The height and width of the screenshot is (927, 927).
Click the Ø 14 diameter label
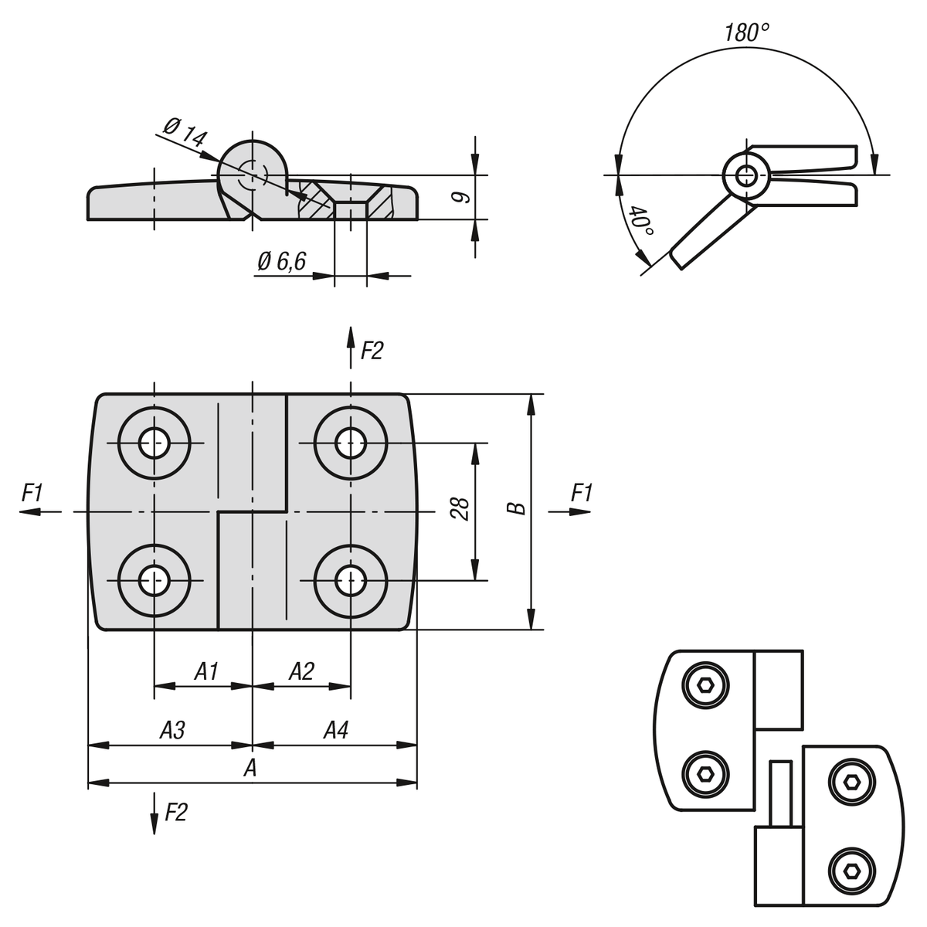click(x=185, y=134)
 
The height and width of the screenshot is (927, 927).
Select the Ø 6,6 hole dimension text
click(x=282, y=262)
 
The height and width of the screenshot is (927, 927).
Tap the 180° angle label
click(x=746, y=32)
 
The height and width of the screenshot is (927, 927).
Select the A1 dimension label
click(x=205, y=671)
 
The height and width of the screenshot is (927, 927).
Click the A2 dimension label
click(x=301, y=671)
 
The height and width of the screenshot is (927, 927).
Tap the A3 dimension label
click(x=171, y=730)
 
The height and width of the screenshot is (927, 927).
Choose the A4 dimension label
click(x=335, y=730)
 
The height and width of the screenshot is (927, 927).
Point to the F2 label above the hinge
click(x=372, y=351)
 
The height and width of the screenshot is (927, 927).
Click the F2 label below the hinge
click(x=176, y=812)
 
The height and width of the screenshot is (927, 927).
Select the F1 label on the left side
click(x=32, y=493)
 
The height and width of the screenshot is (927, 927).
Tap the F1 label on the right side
click(x=582, y=493)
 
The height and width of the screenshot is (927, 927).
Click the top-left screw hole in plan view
click(x=154, y=443)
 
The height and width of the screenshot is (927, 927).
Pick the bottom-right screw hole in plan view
click(x=351, y=579)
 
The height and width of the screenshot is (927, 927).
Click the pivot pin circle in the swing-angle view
click(x=746, y=175)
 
